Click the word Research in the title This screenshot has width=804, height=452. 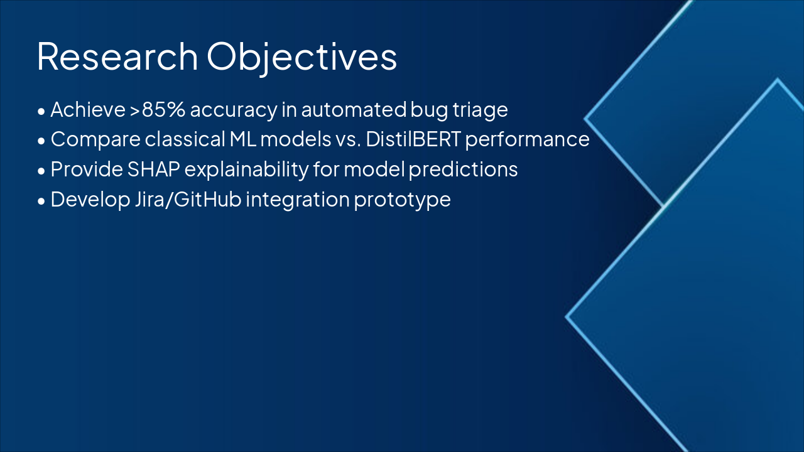tap(117, 56)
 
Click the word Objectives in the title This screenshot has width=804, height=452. tap(301, 57)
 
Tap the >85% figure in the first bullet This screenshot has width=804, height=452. tap(157, 109)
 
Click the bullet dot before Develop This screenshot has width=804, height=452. tap(41, 202)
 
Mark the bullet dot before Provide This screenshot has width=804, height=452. tap(41, 171)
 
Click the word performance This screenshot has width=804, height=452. tap(527, 140)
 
